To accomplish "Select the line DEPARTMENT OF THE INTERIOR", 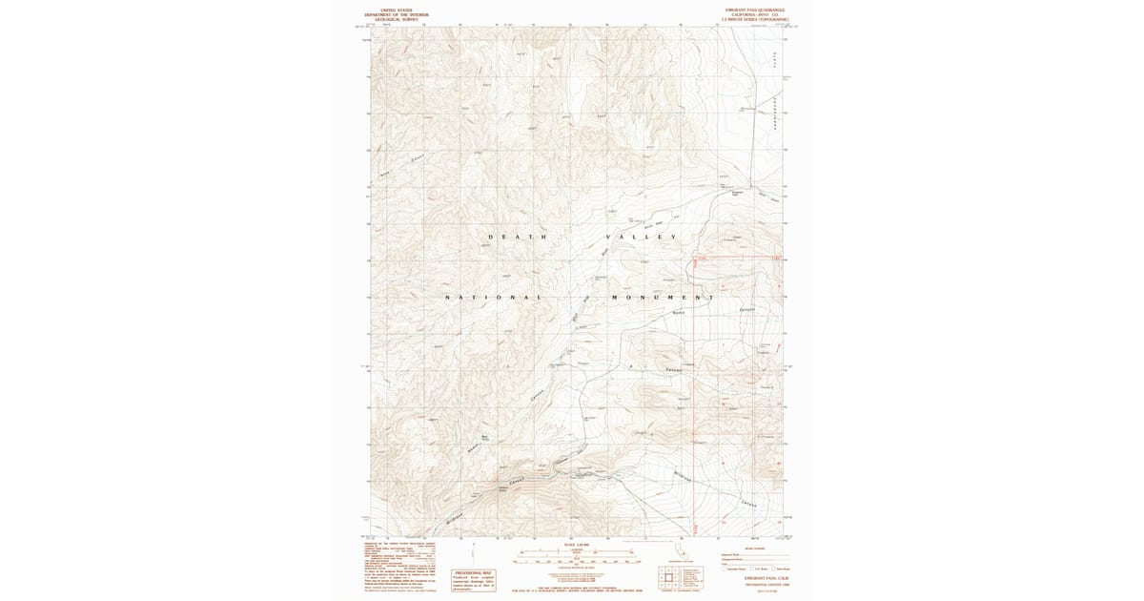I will [397, 14].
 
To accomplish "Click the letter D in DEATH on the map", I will [491, 237].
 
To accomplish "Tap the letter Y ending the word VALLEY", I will [675, 237].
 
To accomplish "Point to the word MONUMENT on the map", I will [662, 298].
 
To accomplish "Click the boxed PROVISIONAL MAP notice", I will [473, 579].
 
